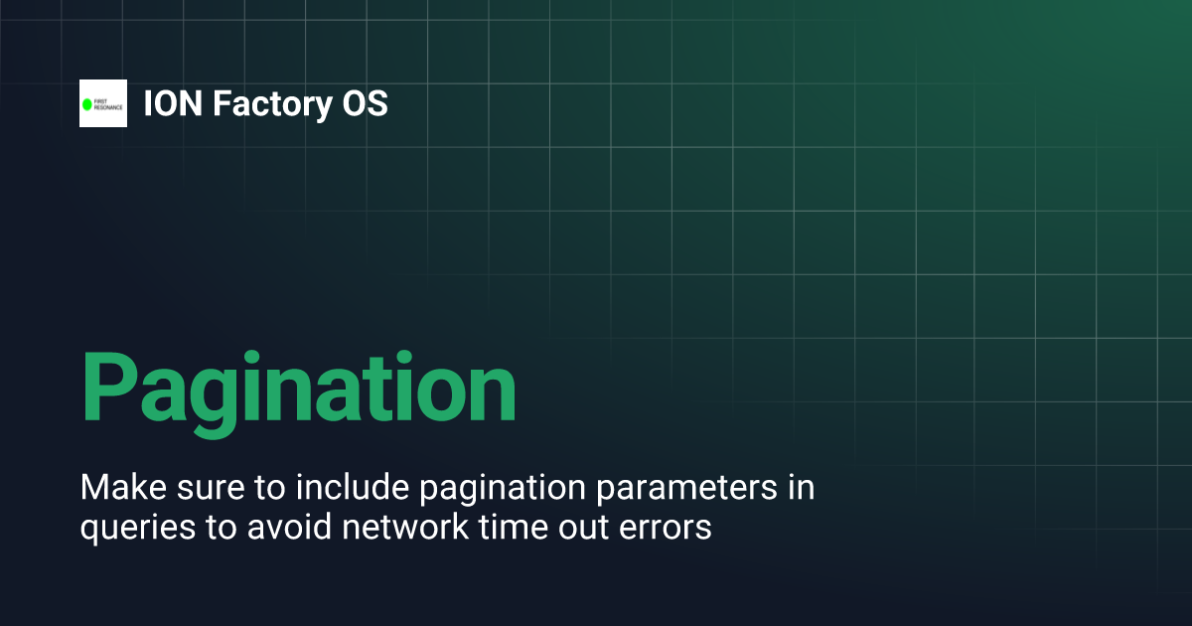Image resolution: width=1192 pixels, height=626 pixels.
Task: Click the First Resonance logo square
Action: (x=103, y=103)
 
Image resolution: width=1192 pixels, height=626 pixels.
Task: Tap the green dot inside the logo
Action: (x=87, y=103)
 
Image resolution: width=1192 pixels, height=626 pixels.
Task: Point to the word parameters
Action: (x=681, y=491)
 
